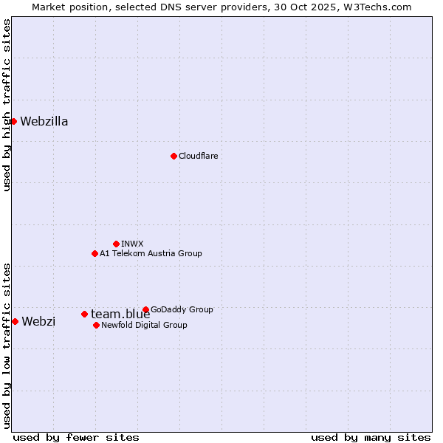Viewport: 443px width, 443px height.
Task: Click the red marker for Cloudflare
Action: coord(174,156)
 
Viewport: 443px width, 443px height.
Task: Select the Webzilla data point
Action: coord(13,121)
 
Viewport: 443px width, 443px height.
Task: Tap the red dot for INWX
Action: coord(116,244)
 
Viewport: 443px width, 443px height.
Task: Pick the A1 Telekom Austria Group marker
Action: coord(95,253)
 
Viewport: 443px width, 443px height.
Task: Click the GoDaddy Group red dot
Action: coord(145,309)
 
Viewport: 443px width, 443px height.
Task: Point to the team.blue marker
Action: coord(84,314)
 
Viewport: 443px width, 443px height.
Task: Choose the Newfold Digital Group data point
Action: coord(96,325)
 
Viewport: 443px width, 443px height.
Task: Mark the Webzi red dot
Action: coord(15,321)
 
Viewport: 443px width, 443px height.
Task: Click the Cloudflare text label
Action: coord(198,156)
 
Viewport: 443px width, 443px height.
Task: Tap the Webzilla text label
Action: coord(44,122)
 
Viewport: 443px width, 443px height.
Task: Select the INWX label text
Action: coord(132,244)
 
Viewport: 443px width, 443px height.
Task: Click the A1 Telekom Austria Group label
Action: coord(151,253)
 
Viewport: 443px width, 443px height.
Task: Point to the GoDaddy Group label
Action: coord(182,309)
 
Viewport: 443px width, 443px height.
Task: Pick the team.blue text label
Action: coord(120,315)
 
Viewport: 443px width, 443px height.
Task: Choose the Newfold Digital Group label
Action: coord(144,325)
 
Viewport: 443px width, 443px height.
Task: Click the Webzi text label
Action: coord(38,321)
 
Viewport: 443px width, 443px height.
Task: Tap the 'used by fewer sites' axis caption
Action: coord(76,437)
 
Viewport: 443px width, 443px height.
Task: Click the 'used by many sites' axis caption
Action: coord(371,437)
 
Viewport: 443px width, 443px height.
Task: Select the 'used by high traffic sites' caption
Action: coord(7,105)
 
